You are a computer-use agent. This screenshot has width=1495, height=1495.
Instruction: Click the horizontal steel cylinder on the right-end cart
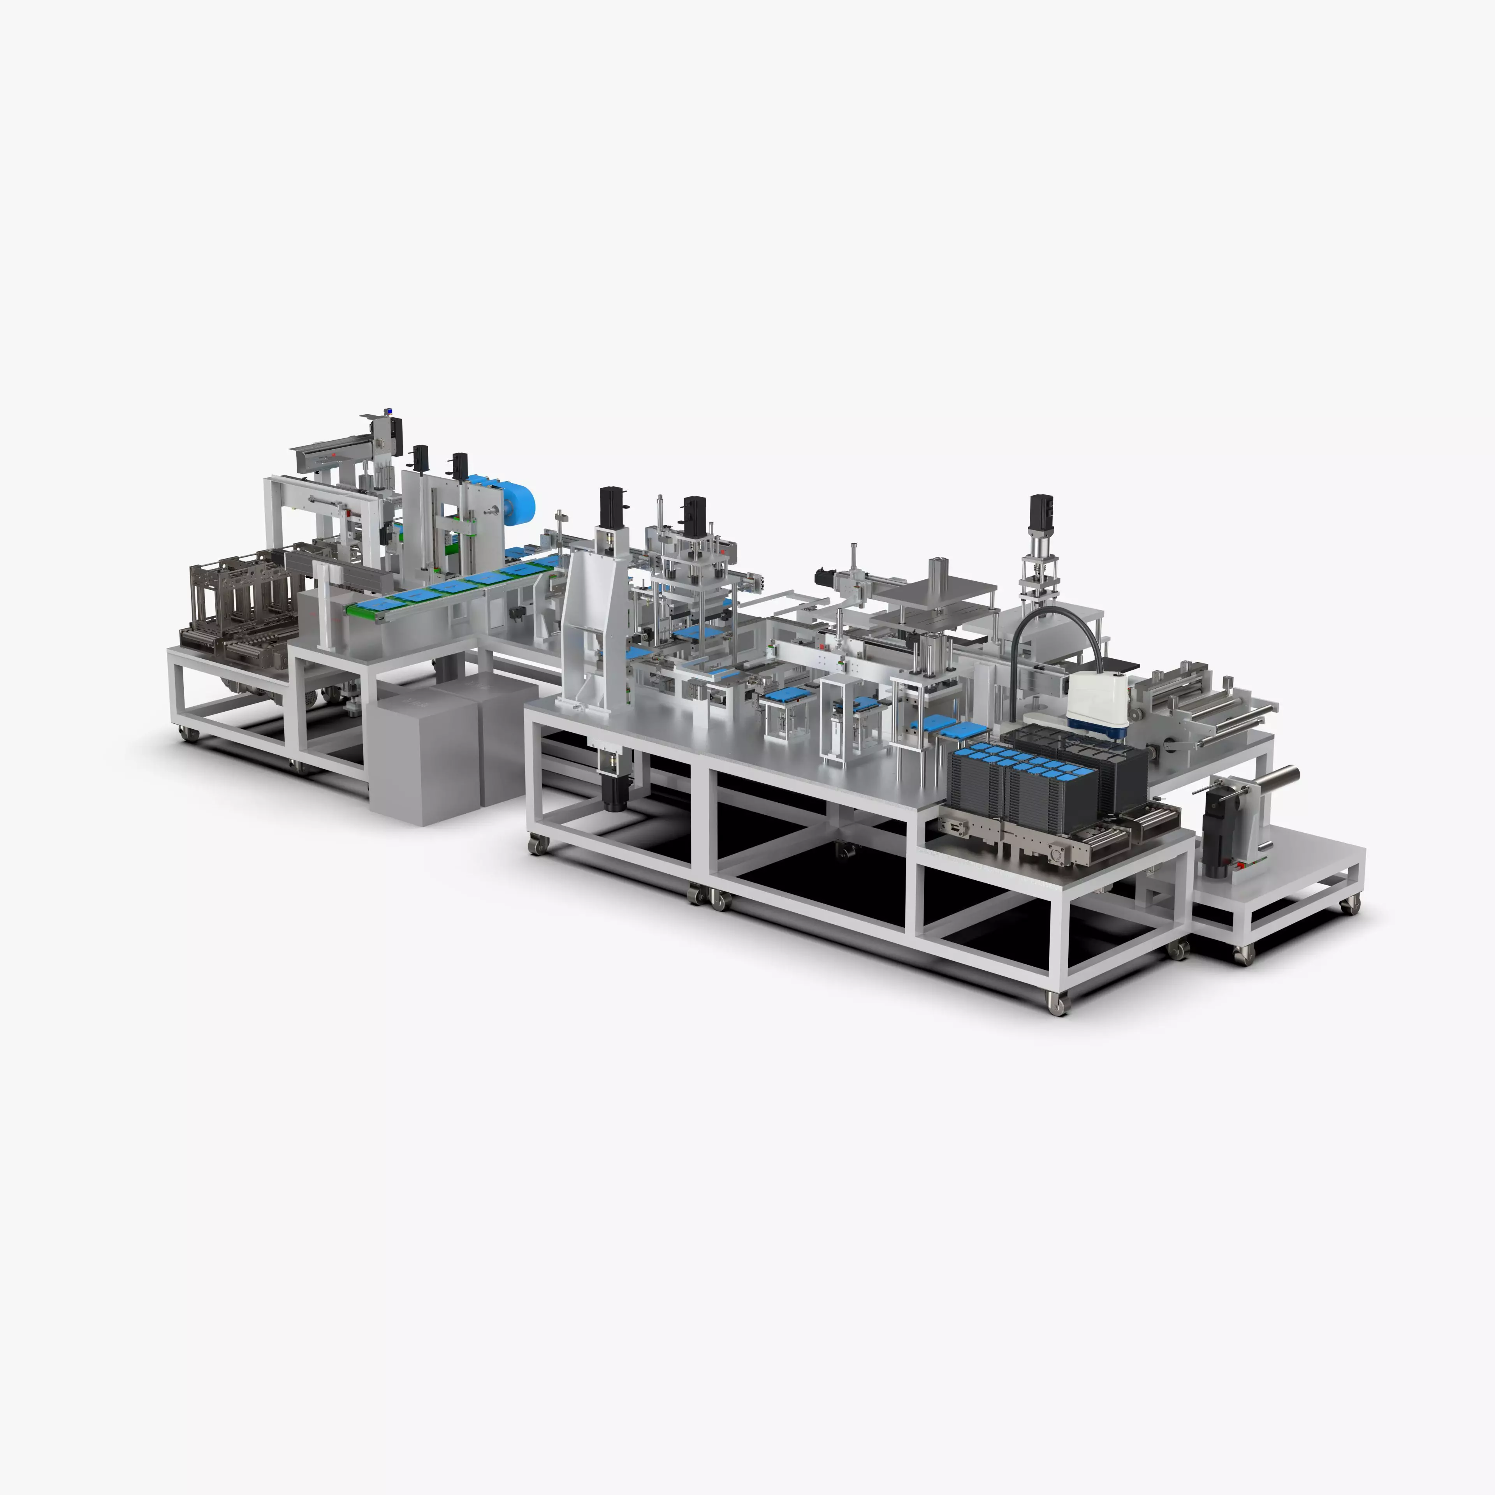(1277, 774)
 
